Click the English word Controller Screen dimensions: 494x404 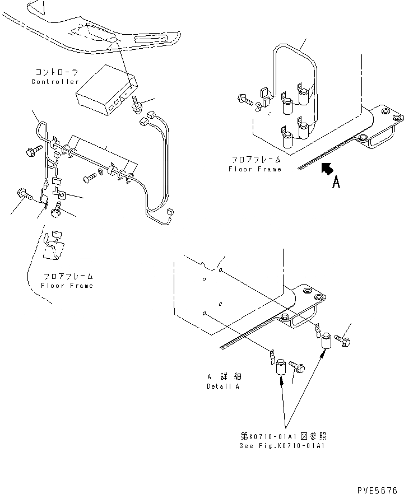55,82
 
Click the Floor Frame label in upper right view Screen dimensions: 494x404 255,169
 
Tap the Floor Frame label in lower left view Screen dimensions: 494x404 67,286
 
